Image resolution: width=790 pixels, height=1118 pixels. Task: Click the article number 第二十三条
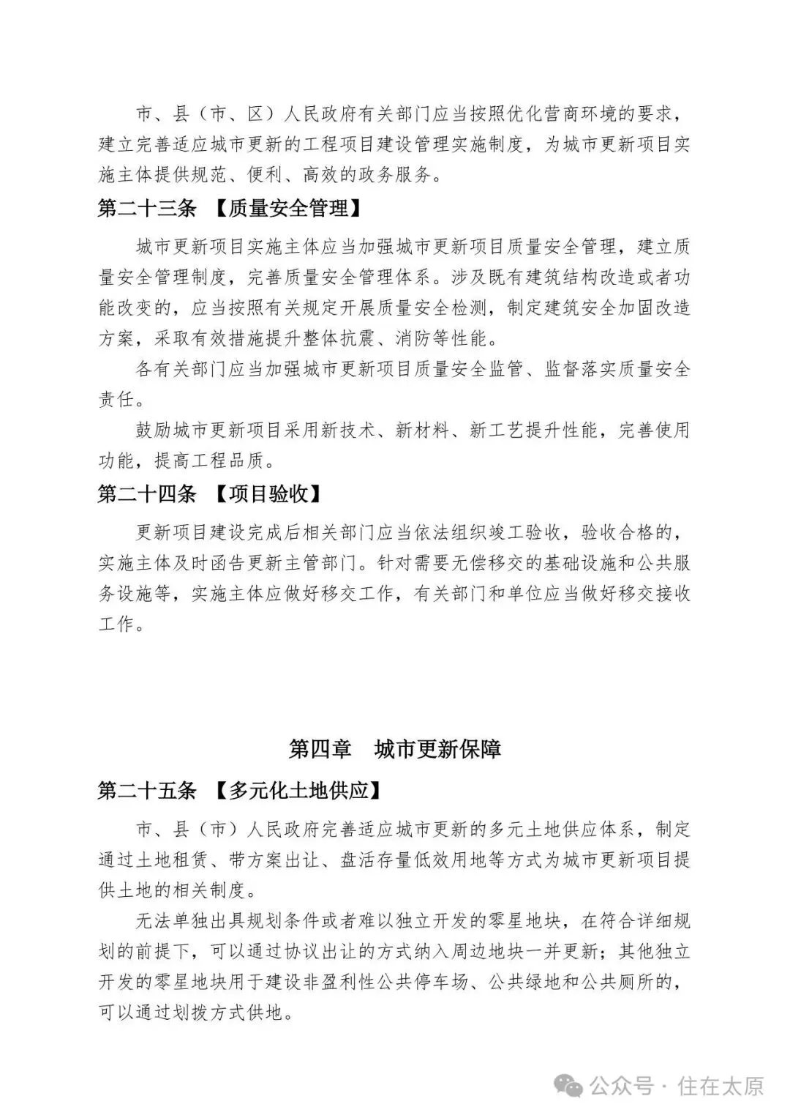coord(147,209)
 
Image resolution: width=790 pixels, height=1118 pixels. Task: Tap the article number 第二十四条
coord(147,493)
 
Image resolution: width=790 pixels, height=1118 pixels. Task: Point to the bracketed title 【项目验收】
coord(268,493)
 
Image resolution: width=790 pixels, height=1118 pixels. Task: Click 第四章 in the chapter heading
coord(320,750)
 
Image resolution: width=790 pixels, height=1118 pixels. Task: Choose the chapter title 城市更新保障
coord(437,750)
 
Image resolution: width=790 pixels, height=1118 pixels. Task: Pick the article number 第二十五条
coord(147,791)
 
